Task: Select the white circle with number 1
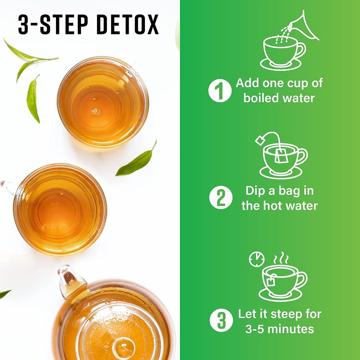click(x=220, y=91)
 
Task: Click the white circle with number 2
click(x=220, y=198)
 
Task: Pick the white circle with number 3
click(x=221, y=321)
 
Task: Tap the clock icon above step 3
click(x=256, y=259)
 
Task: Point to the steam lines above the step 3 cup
click(x=281, y=258)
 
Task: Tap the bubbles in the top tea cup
click(x=95, y=111)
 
